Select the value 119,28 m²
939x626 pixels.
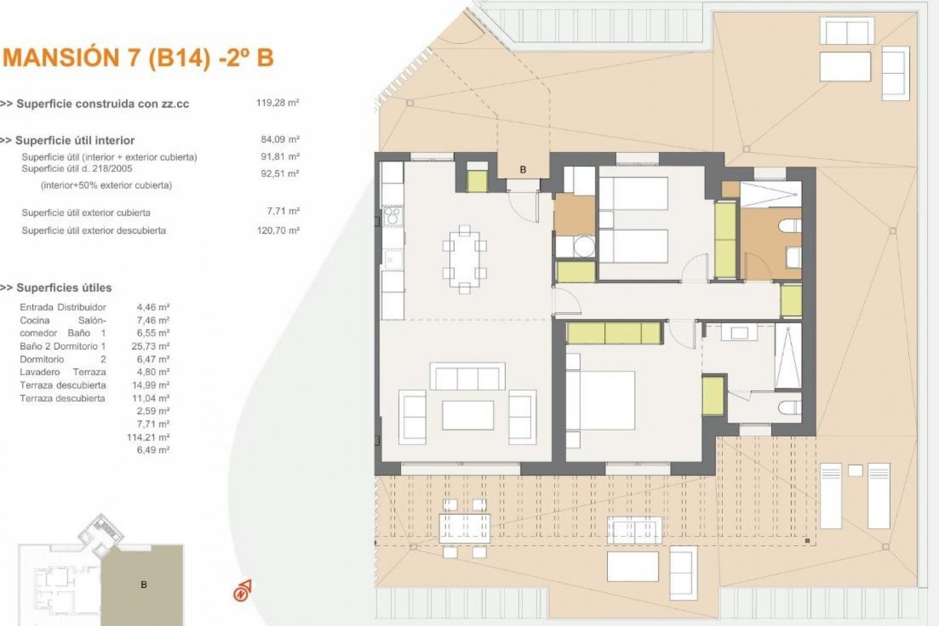[x=277, y=103]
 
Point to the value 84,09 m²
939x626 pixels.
[x=280, y=139]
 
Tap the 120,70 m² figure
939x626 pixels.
[x=278, y=230]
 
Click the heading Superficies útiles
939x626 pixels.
[x=64, y=288]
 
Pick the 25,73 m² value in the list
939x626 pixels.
[x=151, y=346]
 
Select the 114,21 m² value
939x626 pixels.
[x=148, y=437]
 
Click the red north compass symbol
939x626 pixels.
[x=243, y=591]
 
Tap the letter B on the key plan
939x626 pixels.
[x=143, y=584]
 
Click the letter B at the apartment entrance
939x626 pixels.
[x=523, y=170]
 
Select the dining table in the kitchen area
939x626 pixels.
[x=465, y=260]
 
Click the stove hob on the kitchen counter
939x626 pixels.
[x=392, y=216]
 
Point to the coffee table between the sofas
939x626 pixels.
[x=468, y=415]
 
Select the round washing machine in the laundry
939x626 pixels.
[x=583, y=246]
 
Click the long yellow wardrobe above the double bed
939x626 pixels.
[x=614, y=333]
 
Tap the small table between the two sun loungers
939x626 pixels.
[x=855, y=470]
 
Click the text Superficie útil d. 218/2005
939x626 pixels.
[x=77, y=169]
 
